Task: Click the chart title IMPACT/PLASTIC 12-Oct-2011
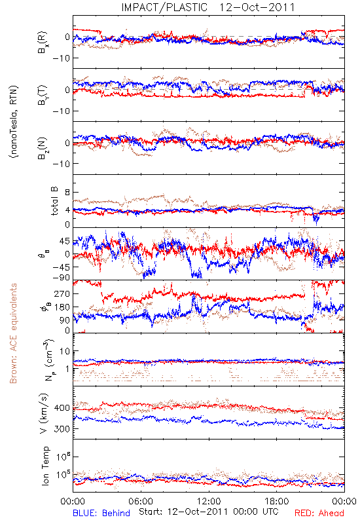(x=208, y=7)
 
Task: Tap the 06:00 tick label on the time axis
(x=141, y=501)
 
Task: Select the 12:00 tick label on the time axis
(x=209, y=501)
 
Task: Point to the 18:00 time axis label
(x=276, y=501)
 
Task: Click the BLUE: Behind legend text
(x=101, y=513)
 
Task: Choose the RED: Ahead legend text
(x=319, y=513)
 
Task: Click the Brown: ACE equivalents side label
(x=13, y=333)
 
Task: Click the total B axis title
(x=54, y=201)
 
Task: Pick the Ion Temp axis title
(x=45, y=466)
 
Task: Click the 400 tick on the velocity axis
(x=62, y=408)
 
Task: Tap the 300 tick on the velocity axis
(x=62, y=429)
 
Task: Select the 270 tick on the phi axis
(x=62, y=293)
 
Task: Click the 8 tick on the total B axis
(x=67, y=193)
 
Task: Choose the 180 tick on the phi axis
(x=62, y=307)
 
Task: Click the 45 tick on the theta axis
(x=64, y=241)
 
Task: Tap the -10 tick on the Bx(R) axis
(x=61, y=58)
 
